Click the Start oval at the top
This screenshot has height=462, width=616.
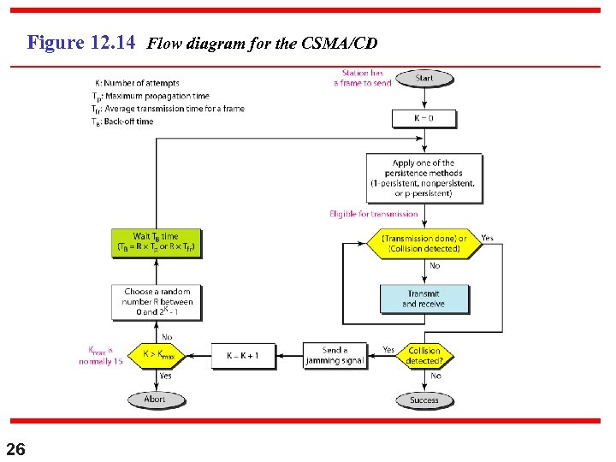pos(424,78)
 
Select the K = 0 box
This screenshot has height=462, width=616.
pos(424,118)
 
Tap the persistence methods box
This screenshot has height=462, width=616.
pos(423,178)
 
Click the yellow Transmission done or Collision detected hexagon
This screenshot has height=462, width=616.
pos(423,243)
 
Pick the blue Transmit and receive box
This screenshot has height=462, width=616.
pos(424,299)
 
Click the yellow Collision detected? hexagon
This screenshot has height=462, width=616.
pos(424,355)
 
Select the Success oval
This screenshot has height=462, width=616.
pos(424,400)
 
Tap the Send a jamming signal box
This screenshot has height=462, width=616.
pos(335,355)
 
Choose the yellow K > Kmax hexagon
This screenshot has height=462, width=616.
pos(158,355)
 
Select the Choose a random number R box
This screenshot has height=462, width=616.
pos(157,302)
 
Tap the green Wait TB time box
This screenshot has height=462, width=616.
pos(157,243)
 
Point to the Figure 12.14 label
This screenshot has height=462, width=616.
pos(81,42)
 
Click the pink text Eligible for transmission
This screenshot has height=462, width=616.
pos(374,214)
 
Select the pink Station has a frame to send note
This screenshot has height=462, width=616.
pos(363,78)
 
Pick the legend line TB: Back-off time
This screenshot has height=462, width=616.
pos(123,121)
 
